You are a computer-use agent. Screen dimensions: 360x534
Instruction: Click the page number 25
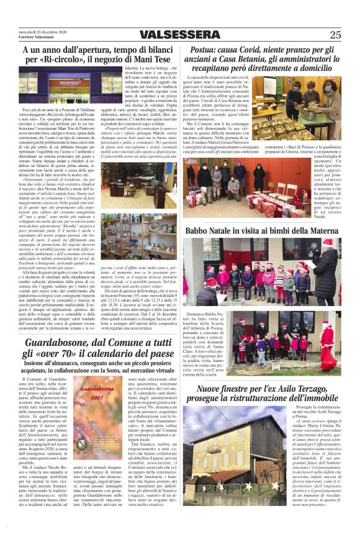click(335, 35)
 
